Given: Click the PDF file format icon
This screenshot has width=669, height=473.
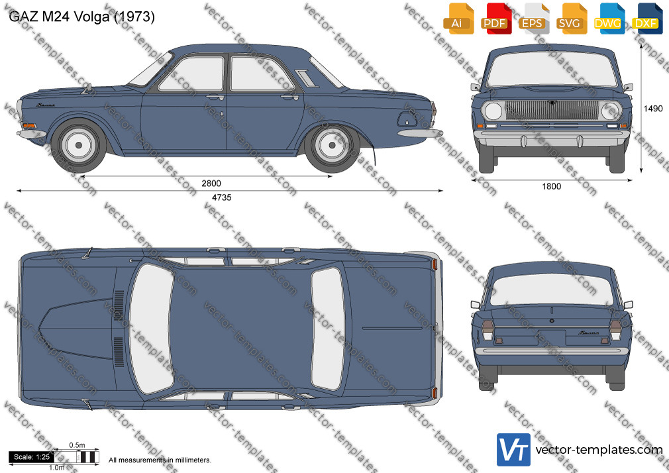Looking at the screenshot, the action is [495, 19].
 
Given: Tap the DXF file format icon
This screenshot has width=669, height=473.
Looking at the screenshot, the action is [646, 19].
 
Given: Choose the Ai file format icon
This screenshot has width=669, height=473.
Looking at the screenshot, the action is [458, 19].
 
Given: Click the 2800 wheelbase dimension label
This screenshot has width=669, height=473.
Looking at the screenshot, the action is [211, 183].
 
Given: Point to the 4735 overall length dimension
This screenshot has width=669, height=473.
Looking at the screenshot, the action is [221, 197].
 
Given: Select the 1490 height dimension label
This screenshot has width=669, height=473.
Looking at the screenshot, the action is [653, 109].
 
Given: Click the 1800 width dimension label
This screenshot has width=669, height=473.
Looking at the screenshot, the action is [551, 186].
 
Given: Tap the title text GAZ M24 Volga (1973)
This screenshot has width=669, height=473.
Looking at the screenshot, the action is [81, 17].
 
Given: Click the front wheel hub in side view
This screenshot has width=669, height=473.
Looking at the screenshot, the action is [79, 145].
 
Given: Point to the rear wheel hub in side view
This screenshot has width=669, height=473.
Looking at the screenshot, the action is [333, 145].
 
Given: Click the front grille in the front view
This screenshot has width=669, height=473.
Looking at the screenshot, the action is [552, 110].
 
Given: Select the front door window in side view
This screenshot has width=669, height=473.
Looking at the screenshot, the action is [192, 74].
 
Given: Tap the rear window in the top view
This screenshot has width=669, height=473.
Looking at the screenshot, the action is [328, 329].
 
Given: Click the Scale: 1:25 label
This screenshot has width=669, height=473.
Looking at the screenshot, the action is [32, 457].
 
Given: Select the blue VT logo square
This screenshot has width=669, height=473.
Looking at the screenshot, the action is [514, 450].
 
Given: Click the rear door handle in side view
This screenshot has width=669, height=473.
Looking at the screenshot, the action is [289, 98].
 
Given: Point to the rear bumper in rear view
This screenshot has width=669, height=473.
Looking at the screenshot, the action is [552, 351].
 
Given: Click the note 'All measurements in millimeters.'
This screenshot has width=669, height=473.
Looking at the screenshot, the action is [160, 460].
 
